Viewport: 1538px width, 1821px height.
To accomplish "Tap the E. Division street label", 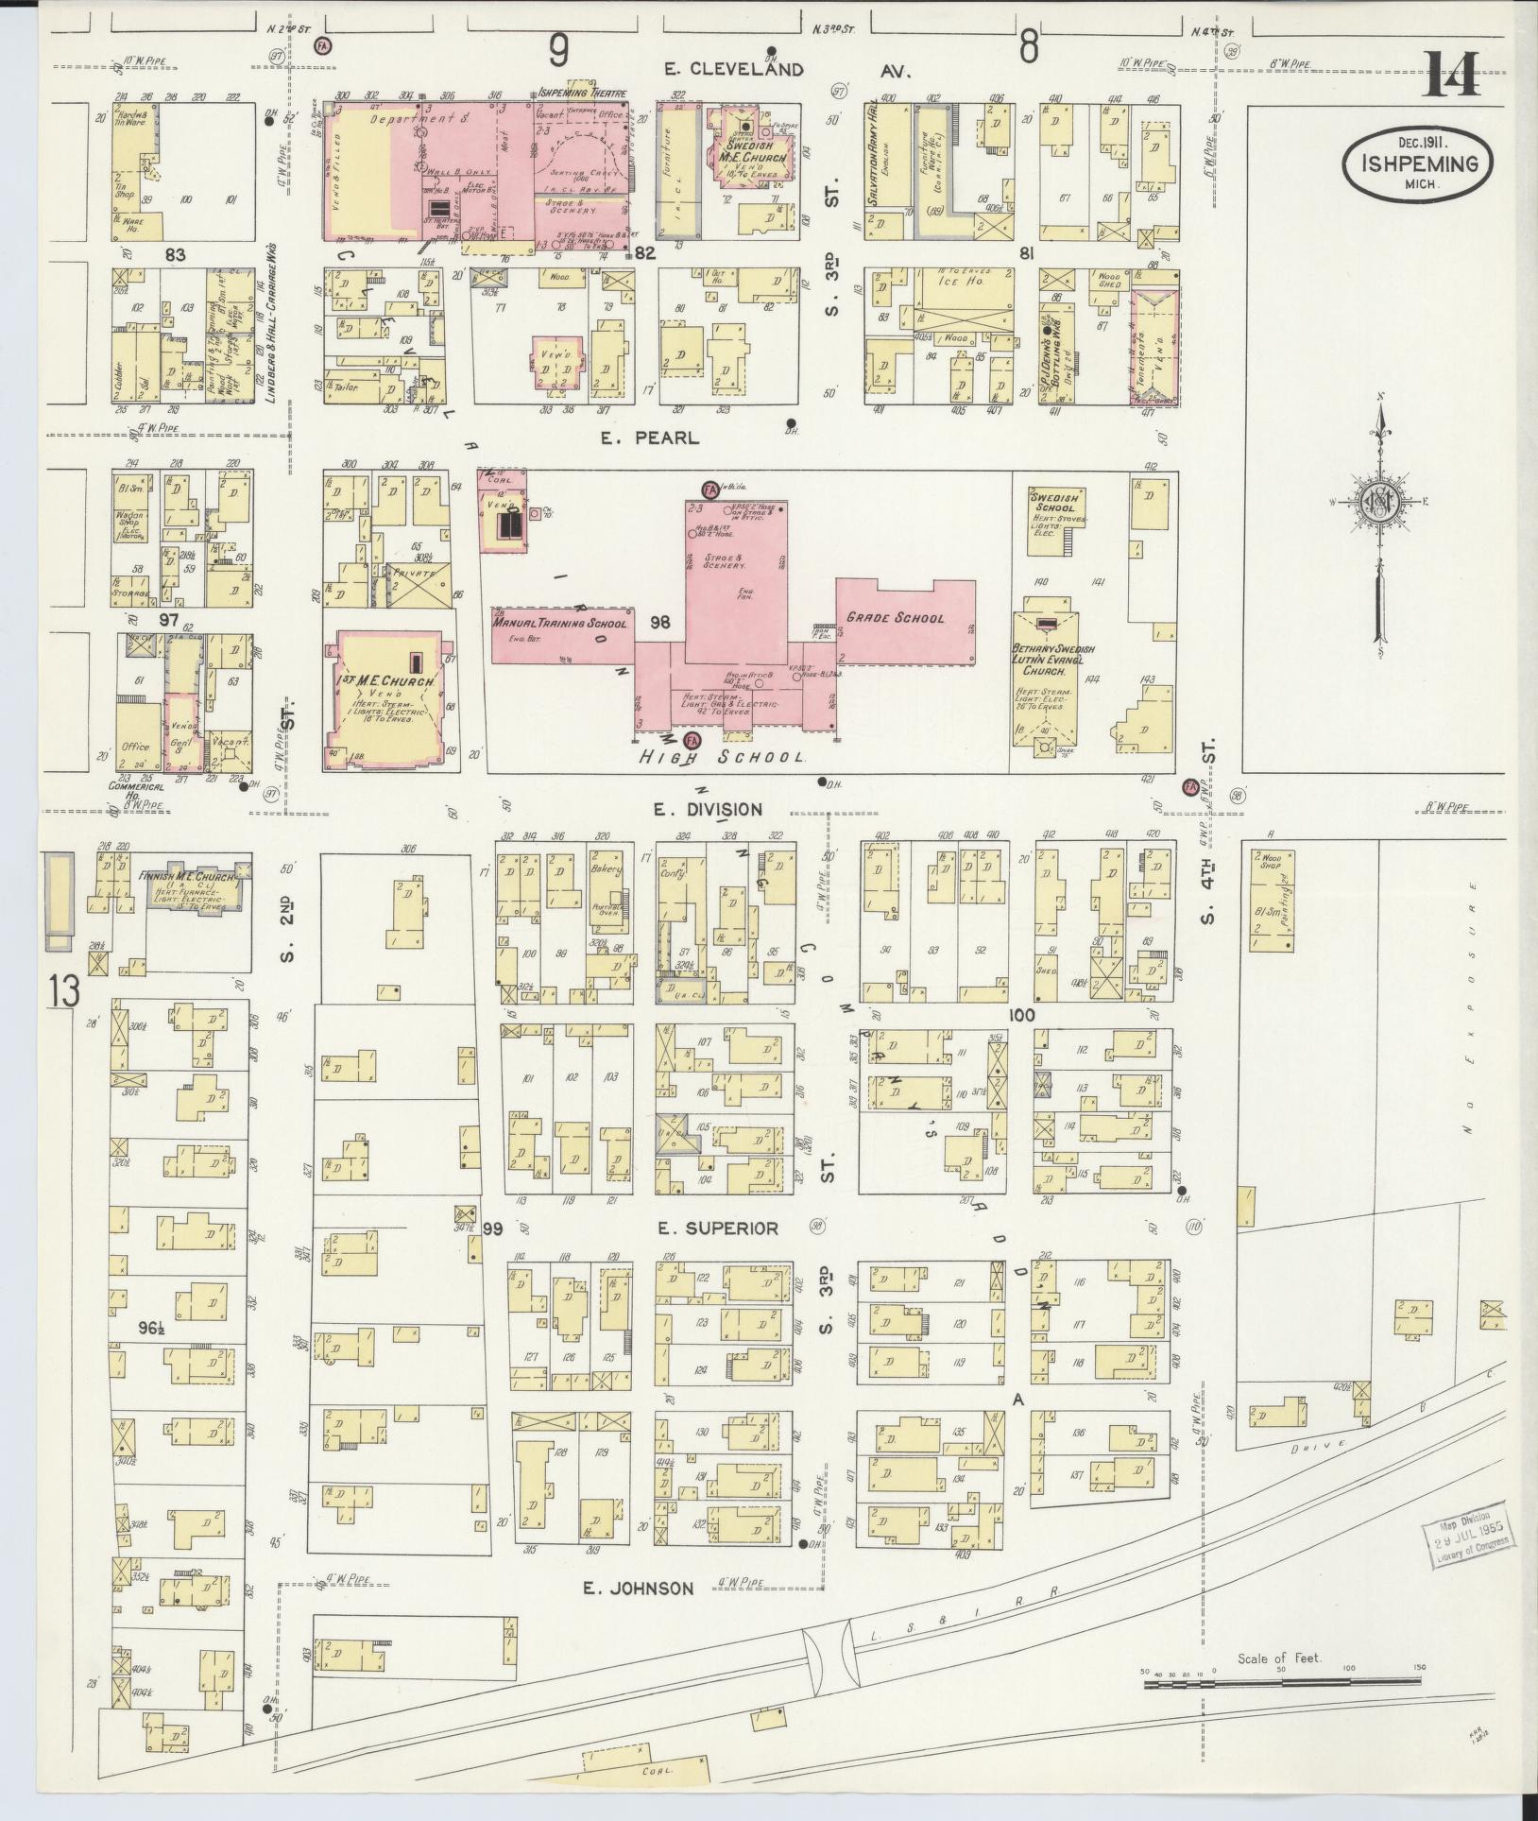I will click(x=708, y=809).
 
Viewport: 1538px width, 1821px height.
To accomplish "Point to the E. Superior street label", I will click(x=718, y=1228).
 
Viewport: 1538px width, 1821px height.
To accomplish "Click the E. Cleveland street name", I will click(x=733, y=69).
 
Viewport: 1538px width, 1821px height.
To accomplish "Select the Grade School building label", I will click(x=895, y=618).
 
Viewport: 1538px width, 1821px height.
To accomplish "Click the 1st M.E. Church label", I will click(x=384, y=681).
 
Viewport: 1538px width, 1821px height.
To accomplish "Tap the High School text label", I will click(x=722, y=757).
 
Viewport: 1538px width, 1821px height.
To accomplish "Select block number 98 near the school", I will click(x=660, y=622).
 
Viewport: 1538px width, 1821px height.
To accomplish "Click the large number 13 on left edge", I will click(x=66, y=991).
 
